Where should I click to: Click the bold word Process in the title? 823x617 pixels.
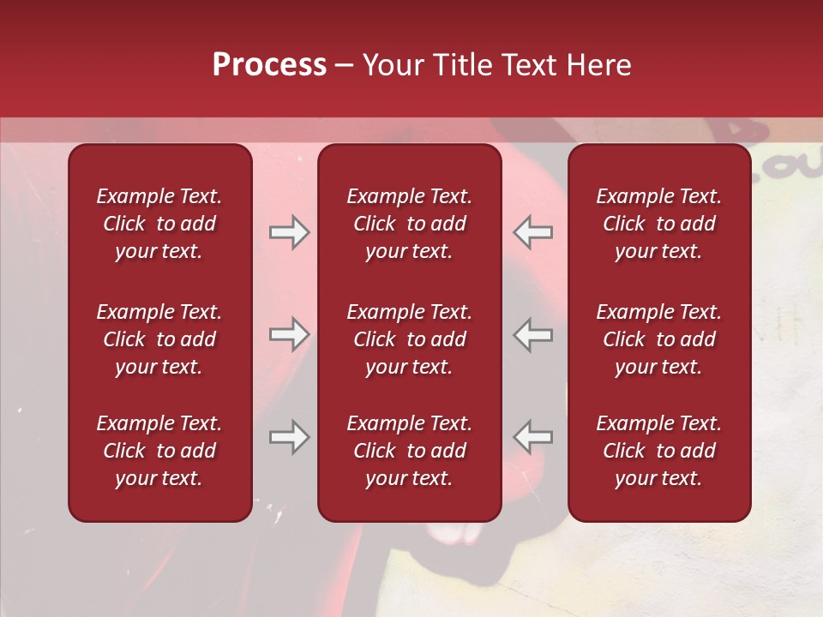click(269, 65)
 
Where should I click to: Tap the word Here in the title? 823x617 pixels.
click(598, 65)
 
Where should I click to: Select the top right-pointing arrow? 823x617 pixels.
click(289, 232)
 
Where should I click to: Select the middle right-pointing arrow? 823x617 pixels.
click(289, 334)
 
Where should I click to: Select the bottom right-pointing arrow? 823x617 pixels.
click(289, 437)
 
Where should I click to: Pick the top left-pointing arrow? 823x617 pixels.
click(533, 232)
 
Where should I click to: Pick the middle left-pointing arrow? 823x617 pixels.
click(533, 334)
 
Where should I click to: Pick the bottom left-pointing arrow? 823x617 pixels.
click(533, 437)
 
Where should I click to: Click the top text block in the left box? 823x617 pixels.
click(159, 224)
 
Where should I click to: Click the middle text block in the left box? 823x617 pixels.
click(159, 339)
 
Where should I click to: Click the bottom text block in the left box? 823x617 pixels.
click(159, 451)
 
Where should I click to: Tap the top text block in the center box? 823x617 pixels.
click(409, 224)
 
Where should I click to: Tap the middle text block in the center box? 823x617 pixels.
click(409, 339)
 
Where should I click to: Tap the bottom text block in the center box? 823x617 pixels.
click(409, 451)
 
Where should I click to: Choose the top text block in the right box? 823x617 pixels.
click(658, 224)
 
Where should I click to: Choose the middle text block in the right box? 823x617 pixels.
click(658, 339)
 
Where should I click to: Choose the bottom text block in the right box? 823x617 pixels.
click(658, 451)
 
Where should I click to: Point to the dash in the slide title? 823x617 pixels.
click(345, 66)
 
